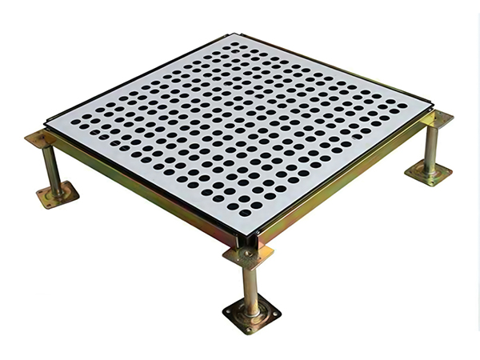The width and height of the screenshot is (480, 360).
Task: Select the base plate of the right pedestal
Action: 428,171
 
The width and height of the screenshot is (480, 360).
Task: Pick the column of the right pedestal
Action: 430,147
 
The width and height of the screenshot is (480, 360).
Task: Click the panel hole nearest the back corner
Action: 233,46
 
